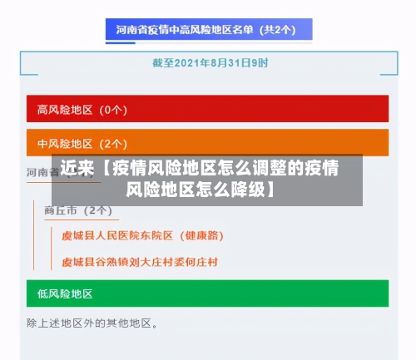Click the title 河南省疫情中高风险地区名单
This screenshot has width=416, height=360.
click(x=187, y=31)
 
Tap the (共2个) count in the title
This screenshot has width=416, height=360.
click(x=279, y=31)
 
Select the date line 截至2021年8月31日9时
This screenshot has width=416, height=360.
click(x=209, y=63)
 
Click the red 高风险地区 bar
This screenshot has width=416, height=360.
click(x=207, y=109)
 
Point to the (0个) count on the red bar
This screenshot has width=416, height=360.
click(x=113, y=109)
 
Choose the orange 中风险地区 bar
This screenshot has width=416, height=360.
click(x=207, y=143)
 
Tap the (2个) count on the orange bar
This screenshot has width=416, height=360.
click(x=113, y=143)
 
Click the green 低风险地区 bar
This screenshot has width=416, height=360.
click(x=207, y=293)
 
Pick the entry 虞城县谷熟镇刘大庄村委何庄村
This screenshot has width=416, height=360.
click(x=140, y=262)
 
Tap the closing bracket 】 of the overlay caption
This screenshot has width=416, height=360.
click(x=273, y=190)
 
